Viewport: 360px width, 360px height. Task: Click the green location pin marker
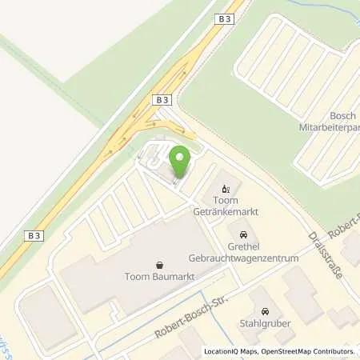(x=181, y=162)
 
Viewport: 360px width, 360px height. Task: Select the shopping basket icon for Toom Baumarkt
(x=160, y=266)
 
